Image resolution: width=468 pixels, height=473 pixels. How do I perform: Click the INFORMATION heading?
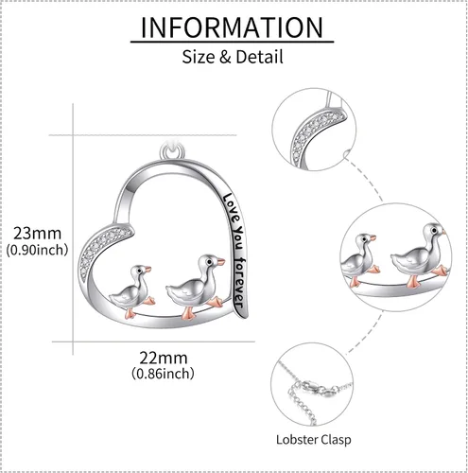pyautogui.click(x=232, y=27)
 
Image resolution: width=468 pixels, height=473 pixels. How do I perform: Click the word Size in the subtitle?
pyautogui.click(x=198, y=57)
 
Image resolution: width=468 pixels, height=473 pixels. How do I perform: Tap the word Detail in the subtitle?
pyautogui.click(x=259, y=57)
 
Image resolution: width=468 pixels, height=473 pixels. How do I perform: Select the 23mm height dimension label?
pyautogui.click(x=37, y=234)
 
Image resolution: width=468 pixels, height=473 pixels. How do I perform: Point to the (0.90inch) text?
pyautogui.click(x=37, y=250)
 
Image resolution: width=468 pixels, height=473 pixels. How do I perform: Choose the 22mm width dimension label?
pyautogui.click(x=164, y=358)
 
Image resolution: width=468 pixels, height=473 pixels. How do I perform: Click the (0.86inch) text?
pyautogui.click(x=163, y=374)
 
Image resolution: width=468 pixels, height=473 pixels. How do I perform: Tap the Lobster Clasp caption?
pyautogui.click(x=314, y=440)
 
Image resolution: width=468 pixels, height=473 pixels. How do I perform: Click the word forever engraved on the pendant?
pyautogui.click(x=239, y=283)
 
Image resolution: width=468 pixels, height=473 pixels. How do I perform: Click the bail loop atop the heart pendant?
pyautogui.click(x=172, y=151)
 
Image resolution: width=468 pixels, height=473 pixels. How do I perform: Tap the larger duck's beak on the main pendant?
pyautogui.click(x=220, y=261)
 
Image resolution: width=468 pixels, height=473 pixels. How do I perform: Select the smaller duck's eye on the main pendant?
pyautogui.click(x=139, y=271)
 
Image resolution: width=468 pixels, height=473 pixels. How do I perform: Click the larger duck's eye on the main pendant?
pyautogui.click(x=209, y=261)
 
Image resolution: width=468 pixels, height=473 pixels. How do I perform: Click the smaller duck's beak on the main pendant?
pyautogui.click(x=147, y=270)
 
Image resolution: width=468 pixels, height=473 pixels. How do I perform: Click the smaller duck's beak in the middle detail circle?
pyautogui.click(x=373, y=238)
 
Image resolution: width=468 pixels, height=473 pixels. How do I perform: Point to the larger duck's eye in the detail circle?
pyautogui.click(x=434, y=231)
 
